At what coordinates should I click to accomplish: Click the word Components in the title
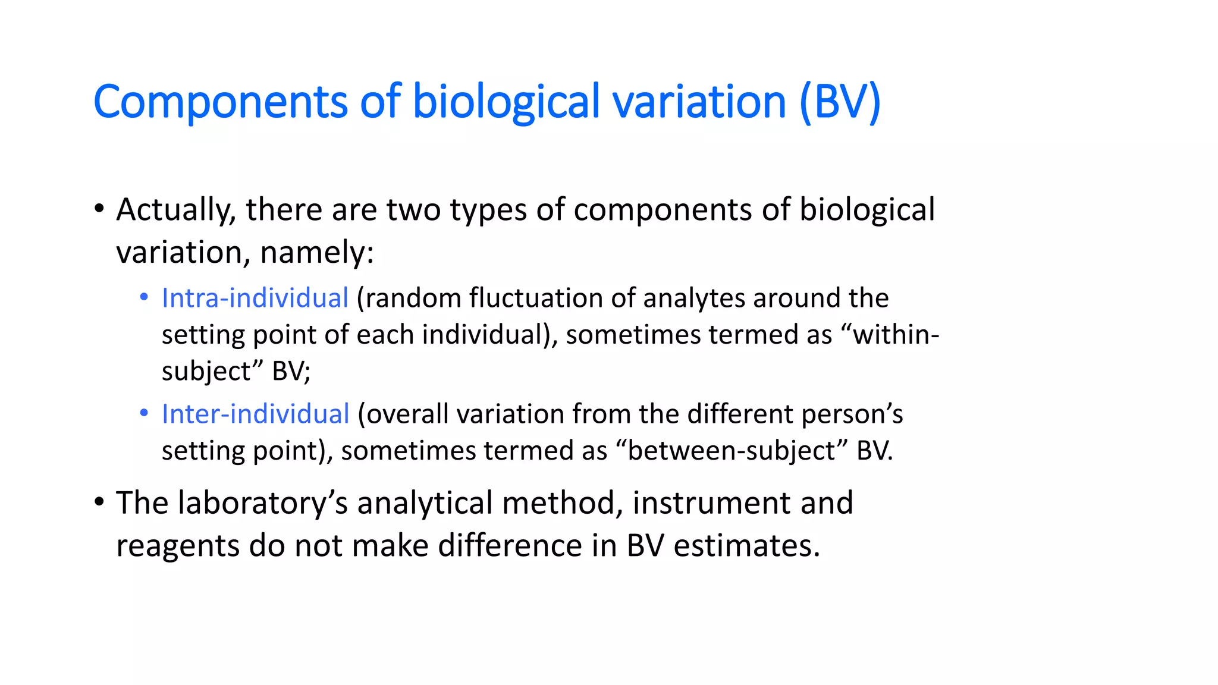(220, 102)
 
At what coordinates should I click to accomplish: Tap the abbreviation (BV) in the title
(839, 102)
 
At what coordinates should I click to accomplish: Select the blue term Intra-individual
(255, 298)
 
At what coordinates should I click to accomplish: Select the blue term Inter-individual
(255, 414)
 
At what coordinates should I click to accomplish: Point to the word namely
(316, 253)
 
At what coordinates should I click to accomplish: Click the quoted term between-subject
(731, 451)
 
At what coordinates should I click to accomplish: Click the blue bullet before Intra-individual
(144, 297)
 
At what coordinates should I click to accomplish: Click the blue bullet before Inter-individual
(144, 413)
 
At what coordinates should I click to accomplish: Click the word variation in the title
(699, 102)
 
